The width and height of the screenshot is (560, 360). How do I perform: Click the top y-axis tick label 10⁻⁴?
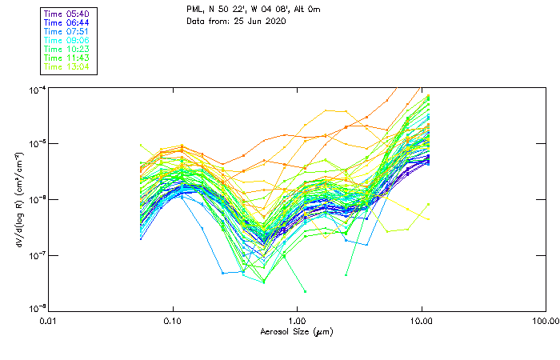(37, 90)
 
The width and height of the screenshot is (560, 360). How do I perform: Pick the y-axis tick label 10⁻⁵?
(37, 144)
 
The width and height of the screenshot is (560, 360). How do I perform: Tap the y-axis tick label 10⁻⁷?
(37, 254)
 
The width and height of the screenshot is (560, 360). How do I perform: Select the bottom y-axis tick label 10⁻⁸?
(37, 308)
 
